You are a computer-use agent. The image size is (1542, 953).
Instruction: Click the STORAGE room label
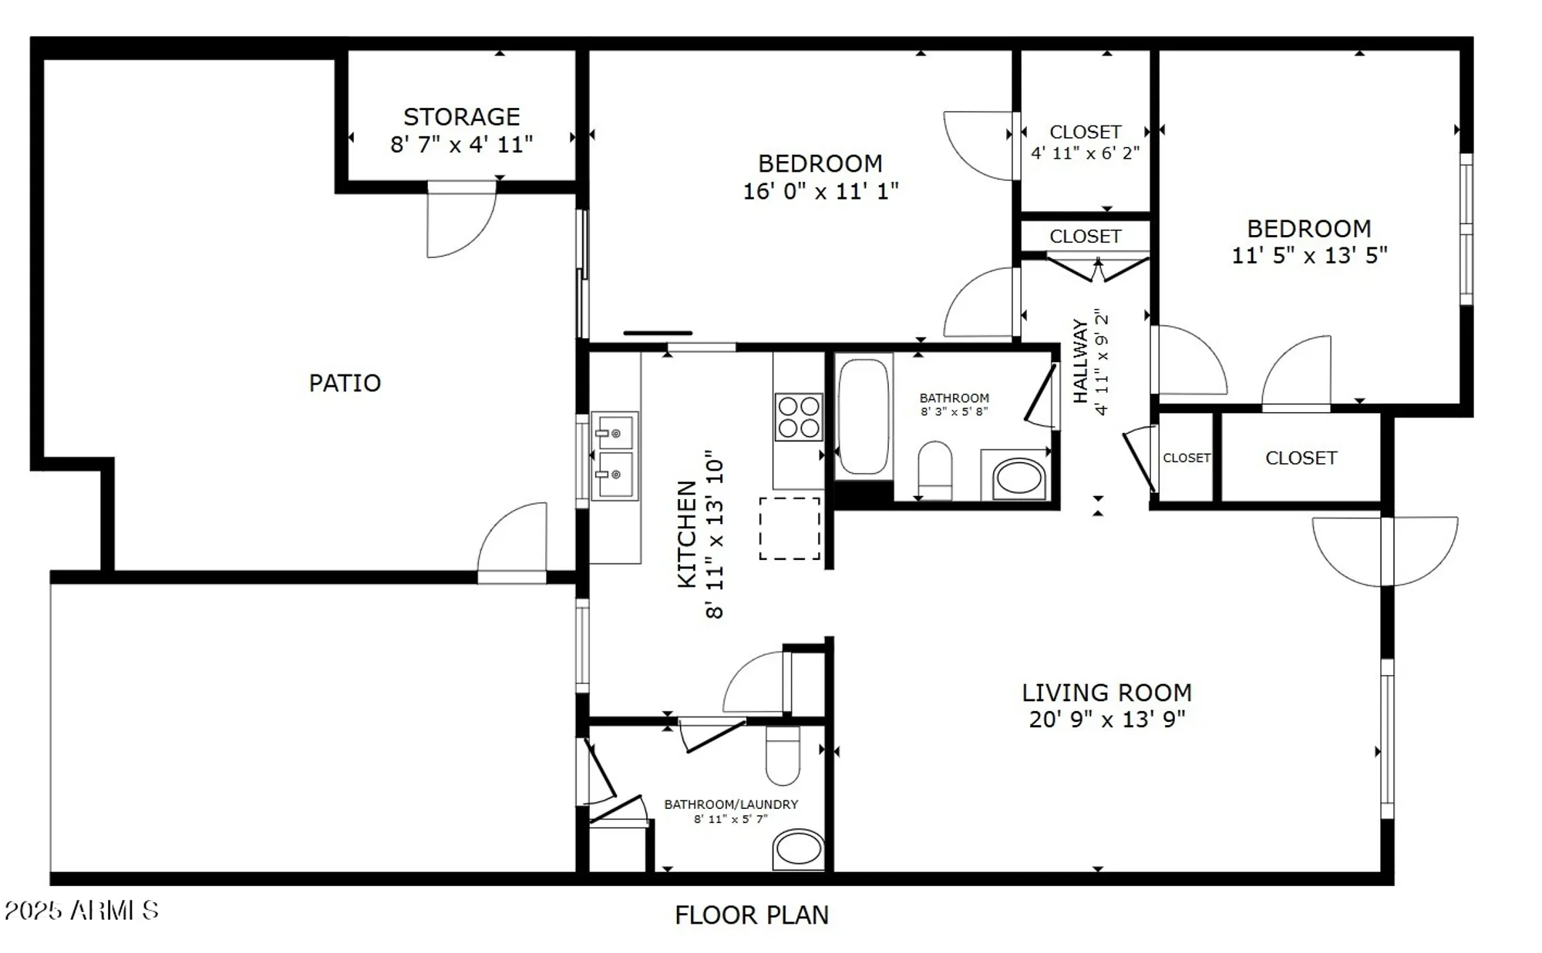pos(461,117)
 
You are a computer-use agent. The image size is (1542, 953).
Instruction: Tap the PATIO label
pos(345,383)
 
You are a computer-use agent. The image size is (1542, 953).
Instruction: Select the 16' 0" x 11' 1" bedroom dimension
pos(820,191)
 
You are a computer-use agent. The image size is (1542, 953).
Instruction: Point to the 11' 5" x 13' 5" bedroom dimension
pos(1309,256)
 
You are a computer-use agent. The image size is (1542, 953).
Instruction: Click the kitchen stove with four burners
pos(798,417)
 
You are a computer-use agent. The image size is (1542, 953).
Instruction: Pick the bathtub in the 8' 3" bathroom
pos(864,417)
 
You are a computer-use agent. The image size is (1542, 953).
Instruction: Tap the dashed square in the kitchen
pos(790,529)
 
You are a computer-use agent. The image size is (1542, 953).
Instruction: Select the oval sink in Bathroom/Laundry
pos(799,849)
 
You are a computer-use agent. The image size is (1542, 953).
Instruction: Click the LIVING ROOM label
pos(1106,693)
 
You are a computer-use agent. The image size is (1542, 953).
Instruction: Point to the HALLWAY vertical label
pos(1080,361)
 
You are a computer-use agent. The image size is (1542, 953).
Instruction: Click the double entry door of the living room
pos(1385,550)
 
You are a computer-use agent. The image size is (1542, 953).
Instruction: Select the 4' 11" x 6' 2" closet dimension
pos(1085,153)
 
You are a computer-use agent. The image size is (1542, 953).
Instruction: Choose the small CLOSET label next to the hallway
pos(1186,458)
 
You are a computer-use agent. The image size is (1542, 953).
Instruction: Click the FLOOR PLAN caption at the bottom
pos(752,914)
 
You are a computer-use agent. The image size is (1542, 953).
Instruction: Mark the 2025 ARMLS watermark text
pos(82,911)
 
